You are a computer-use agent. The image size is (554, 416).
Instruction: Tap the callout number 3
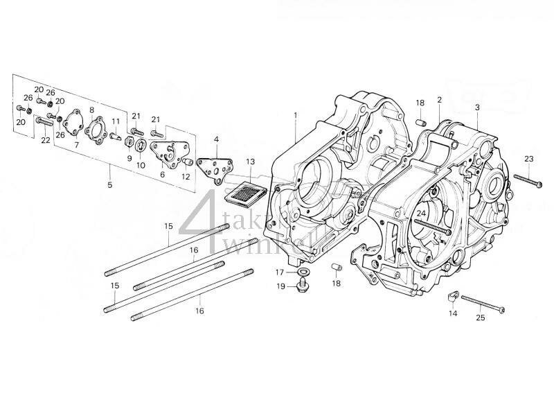click(x=476, y=107)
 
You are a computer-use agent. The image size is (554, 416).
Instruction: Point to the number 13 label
click(x=250, y=162)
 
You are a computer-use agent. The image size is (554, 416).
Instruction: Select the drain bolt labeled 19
click(x=303, y=286)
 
